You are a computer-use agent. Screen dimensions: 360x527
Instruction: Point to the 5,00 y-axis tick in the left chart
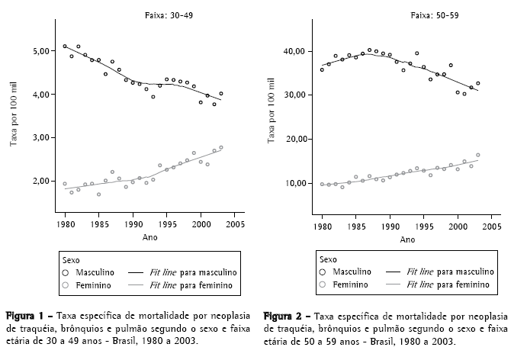[43, 51]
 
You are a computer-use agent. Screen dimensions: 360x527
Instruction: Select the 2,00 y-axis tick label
[43, 182]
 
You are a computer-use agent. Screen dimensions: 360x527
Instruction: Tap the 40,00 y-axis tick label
[295, 51]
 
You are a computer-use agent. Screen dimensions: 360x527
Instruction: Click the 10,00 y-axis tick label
[295, 184]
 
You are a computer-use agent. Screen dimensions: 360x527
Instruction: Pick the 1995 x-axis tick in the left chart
[166, 226]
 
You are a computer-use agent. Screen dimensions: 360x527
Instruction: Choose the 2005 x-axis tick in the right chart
[492, 227]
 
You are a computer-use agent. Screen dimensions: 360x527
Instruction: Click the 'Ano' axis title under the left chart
[150, 239]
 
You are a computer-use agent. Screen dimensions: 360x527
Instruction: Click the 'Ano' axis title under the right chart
[407, 239]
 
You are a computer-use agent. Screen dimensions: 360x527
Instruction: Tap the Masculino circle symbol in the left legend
[67, 271]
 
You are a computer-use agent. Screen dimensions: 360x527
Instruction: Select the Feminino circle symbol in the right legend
[323, 284]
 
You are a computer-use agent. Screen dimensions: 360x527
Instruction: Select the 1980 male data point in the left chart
[65, 47]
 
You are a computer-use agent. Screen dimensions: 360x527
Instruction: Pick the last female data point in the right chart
[478, 155]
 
